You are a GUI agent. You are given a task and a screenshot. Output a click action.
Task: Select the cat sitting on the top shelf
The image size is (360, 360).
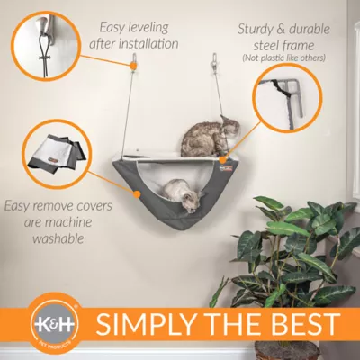click(x=211, y=137)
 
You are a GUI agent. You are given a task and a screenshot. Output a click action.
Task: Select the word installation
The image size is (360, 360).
click(x=148, y=44)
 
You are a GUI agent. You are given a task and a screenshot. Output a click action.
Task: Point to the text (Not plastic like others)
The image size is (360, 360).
click(x=283, y=58)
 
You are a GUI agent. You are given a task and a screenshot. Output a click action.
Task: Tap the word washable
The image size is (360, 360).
click(x=58, y=238)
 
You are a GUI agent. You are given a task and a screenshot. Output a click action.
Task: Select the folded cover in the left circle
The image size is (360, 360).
click(x=57, y=153)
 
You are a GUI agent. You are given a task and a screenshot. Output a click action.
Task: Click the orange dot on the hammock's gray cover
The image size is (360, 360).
click(x=137, y=194)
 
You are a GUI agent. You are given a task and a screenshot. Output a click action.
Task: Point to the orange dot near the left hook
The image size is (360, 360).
click(x=131, y=65)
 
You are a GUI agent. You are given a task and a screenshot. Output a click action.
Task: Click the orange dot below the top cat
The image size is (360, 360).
click(x=222, y=160)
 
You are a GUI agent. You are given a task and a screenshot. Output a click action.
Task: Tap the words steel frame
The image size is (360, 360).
click(x=283, y=46)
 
